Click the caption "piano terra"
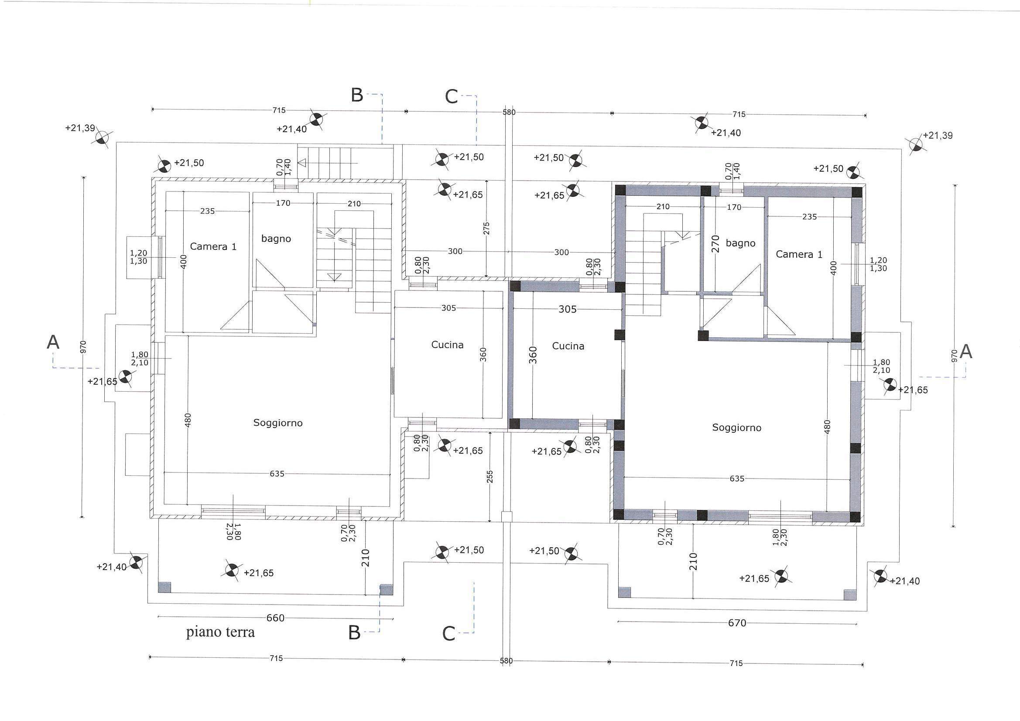point(220,632)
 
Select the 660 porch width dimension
point(275,618)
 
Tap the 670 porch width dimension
point(737,623)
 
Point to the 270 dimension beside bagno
point(715,244)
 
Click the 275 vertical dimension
point(486,229)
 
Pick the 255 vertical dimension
point(490,477)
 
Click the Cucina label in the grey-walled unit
point(568,346)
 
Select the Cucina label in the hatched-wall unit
point(447,345)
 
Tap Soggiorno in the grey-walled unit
point(736,428)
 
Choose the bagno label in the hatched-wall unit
point(276,239)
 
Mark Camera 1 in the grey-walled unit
point(799,255)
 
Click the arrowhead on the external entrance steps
point(302,163)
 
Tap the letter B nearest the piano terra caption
point(354,633)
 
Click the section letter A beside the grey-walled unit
point(966,352)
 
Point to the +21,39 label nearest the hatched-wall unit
point(80,128)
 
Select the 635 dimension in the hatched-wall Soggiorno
point(277,474)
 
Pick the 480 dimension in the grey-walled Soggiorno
point(827,427)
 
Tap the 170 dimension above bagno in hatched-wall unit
point(283,203)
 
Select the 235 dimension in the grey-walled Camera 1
point(809,217)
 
